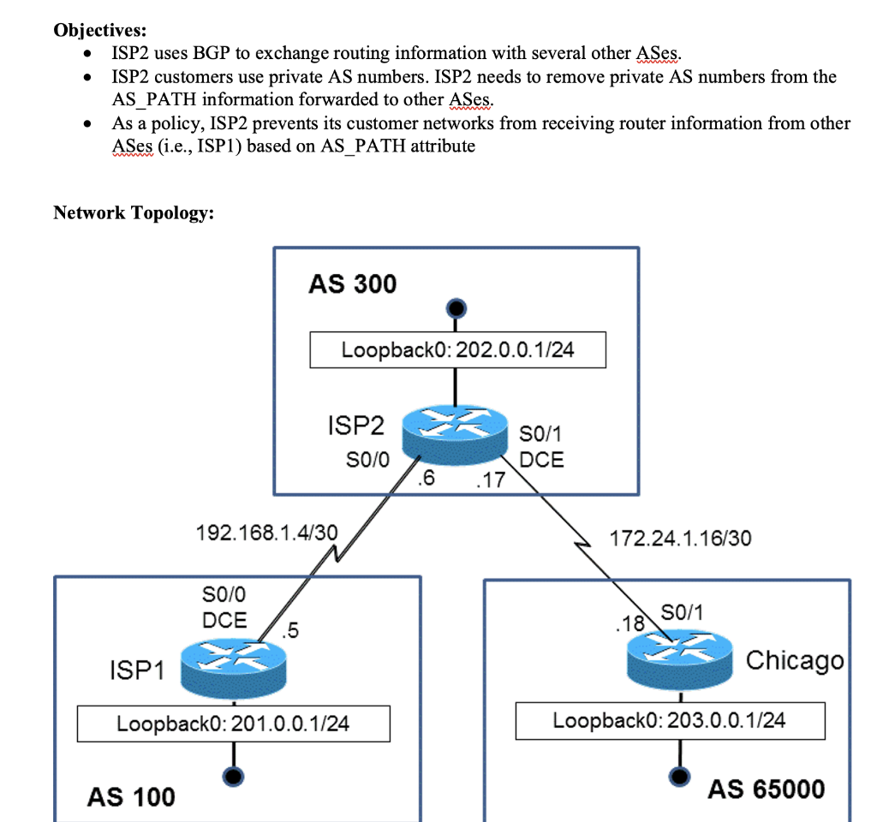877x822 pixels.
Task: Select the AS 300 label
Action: (352, 283)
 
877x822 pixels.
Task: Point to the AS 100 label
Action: (130, 797)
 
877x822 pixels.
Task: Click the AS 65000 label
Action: (766, 789)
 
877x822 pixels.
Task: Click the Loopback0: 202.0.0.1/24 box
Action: (457, 350)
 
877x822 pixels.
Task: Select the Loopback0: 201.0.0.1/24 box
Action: (233, 724)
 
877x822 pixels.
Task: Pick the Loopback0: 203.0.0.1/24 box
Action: (670, 720)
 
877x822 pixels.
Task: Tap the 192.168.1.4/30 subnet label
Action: (266, 533)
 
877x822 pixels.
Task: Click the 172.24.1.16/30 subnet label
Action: (680, 538)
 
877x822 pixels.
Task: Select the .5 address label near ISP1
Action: (290, 632)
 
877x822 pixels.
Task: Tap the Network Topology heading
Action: (133, 212)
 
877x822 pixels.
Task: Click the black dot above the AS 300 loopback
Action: (456, 307)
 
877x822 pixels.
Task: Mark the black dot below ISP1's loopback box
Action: (232, 776)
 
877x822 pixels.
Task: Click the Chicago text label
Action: (794, 661)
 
